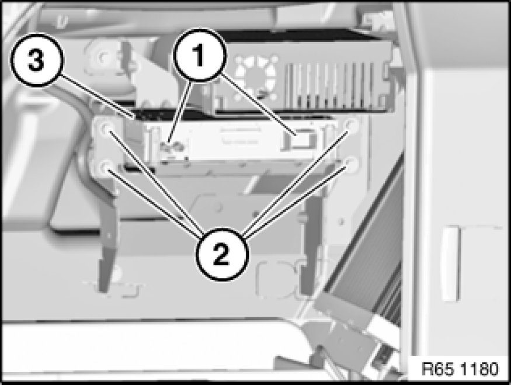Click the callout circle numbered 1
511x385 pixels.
point(200,55)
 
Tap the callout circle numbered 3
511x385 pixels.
point(37,60)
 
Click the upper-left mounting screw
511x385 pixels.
point(106,129)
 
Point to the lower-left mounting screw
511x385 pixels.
point(106,167)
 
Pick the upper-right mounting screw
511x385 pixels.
point(352,124)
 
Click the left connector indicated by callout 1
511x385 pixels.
point(171,147)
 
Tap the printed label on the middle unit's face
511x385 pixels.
point(240,136)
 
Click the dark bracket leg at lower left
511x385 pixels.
point(106,248)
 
